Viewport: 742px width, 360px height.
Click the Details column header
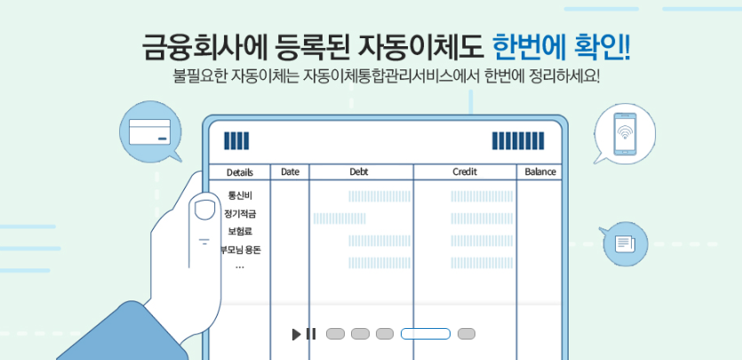239,172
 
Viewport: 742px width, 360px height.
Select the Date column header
290,172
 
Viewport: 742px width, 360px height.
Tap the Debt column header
359,172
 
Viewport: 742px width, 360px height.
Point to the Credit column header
465,172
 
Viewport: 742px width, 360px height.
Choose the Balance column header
539,172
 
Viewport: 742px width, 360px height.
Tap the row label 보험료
240,231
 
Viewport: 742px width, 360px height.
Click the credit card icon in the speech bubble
149,133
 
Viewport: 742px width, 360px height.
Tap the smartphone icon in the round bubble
624,134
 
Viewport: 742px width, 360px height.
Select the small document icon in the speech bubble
624,242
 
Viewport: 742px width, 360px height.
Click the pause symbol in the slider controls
311,334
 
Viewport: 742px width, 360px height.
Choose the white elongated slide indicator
425,334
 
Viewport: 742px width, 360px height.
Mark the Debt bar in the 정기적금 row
339,218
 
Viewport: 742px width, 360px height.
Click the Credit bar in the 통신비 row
481,196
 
